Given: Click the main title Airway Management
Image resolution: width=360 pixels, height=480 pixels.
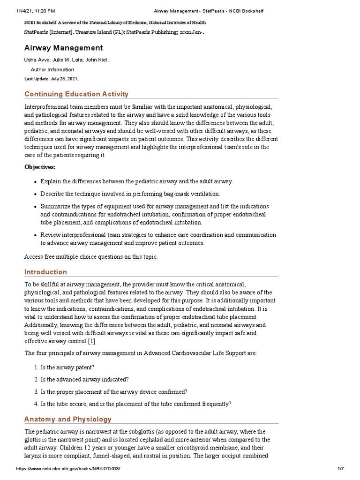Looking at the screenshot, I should [63, 48].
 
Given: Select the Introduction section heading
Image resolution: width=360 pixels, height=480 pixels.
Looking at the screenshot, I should [45, 272].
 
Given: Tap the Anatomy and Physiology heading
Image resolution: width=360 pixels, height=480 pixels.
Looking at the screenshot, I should [68, 419].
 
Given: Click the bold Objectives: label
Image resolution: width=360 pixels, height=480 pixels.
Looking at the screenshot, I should [40, 167].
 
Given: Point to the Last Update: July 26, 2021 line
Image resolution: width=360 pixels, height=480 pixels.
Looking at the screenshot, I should [52, 79].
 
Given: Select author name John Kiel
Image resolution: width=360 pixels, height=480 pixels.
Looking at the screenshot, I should [102, 60].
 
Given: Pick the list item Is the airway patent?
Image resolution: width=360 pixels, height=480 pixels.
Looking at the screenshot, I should [68, 367].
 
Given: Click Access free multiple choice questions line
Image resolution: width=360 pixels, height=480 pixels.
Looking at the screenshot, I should [91, 256].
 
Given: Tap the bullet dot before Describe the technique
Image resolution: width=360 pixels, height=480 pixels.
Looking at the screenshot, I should [35, 194].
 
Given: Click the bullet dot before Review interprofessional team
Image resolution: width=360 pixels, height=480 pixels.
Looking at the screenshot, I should [35, 235].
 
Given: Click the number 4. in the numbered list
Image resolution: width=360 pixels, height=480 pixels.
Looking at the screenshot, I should [36, 404].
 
